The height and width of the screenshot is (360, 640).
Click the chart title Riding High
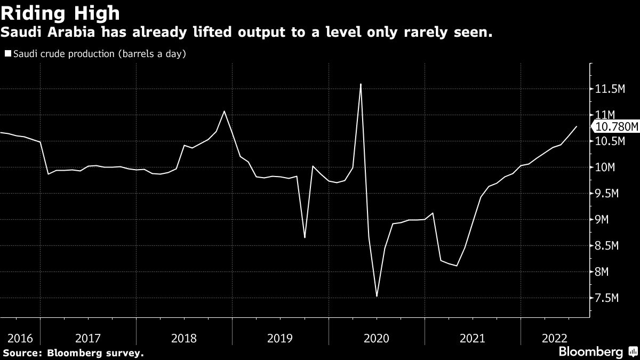click(60, 13)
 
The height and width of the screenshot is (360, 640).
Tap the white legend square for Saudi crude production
click(7, 54)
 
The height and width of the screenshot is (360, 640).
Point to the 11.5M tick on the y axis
click(610, 89)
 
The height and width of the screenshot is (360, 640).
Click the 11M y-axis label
click(605, 115)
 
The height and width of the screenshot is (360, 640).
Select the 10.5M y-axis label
click(610, 141)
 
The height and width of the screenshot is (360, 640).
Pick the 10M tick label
click(605, 167)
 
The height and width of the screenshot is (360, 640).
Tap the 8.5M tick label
click(607, 246)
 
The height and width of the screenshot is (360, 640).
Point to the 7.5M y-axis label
click(607, 298)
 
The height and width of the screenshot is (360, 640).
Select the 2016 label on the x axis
click(20, 338)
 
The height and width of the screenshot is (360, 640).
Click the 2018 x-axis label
click(184, 338)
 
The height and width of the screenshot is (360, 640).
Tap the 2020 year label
click(377, 338)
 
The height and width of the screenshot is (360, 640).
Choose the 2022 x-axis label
click(555, 338)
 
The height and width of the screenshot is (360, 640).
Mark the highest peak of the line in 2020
click(361, 84)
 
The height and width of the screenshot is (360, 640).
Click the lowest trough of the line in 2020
click(377, 296)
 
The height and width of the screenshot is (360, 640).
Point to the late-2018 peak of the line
click(224, 111)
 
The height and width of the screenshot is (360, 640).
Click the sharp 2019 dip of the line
click(305, 237)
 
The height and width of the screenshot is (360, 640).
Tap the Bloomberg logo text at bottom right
click(590, 352)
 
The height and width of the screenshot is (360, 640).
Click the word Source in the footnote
click(21, 353)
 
